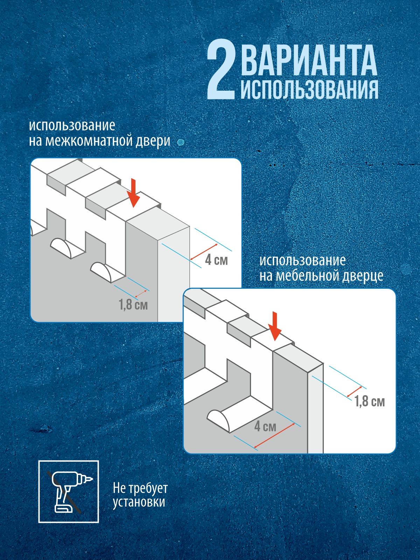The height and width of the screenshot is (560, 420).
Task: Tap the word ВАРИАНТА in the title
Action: (309, 60)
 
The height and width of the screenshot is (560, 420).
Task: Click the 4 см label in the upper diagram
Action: (216, 260)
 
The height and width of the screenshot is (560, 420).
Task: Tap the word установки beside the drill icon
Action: (139, 502)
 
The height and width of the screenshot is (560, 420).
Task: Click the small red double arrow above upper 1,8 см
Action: (141, 294)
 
